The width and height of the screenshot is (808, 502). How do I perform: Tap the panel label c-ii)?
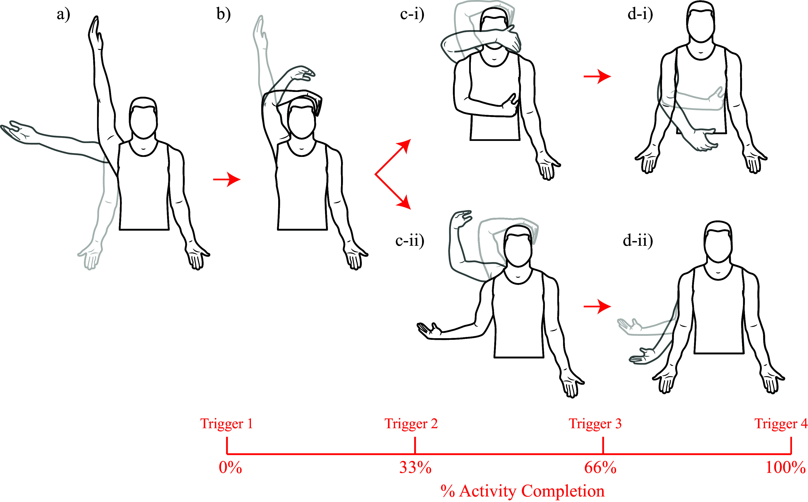[x=410, y=240]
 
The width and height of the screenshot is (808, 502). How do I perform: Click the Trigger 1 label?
[x=227, y=424]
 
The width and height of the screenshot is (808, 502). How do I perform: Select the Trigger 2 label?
[x=411, y=424]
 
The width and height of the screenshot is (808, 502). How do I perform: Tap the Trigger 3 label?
[x=595, y=424]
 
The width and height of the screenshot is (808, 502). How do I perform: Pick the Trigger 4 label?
[x=781, y=424]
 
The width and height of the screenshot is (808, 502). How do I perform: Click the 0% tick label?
[x=230, y=467]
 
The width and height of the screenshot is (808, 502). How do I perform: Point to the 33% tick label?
[x=415, y=467]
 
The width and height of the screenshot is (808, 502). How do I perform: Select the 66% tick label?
[x=600, y=467]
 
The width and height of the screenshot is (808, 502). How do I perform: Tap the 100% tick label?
[x=785, y=467]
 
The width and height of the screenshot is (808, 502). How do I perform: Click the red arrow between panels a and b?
[x=227, y=180]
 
